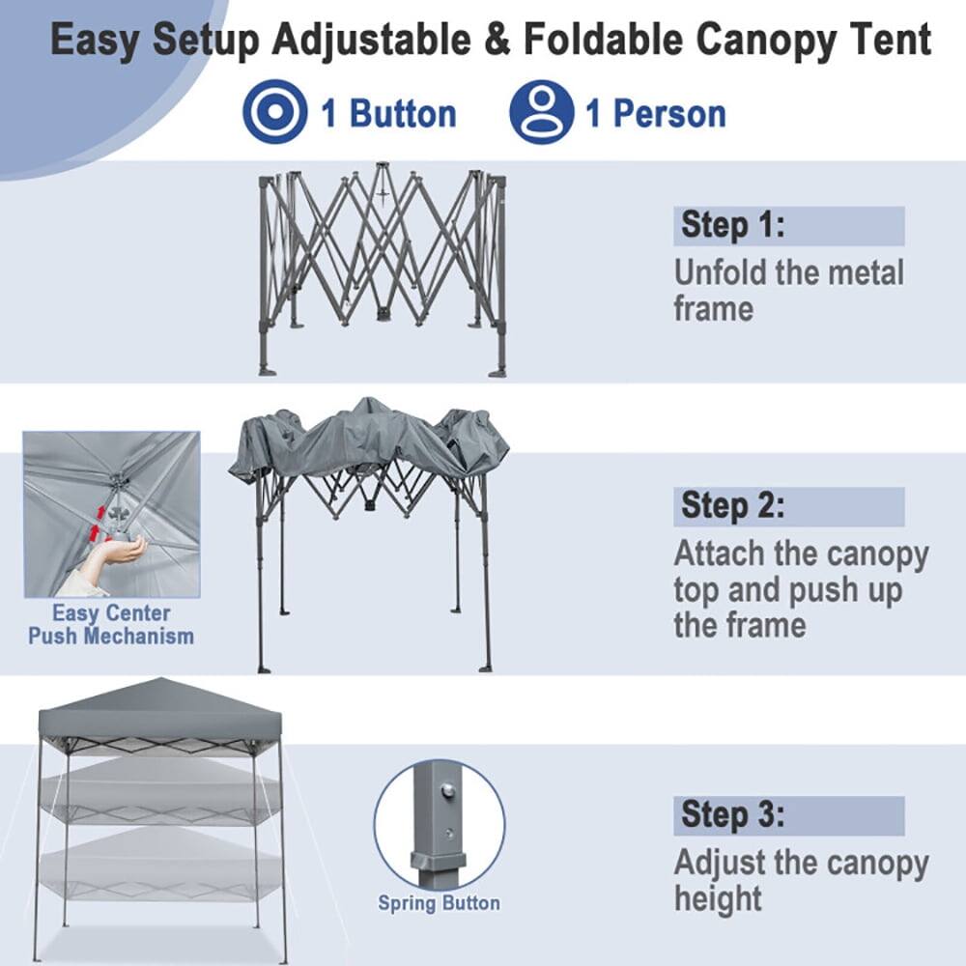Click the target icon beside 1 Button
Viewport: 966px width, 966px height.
point(274,112)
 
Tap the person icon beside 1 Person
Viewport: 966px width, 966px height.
point(541,112)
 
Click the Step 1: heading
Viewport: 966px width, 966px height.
point(733,225)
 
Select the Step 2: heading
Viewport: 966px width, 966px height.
point(733,505)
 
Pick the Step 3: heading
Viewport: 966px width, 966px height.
point(733,814)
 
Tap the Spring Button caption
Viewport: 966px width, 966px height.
point(439,904)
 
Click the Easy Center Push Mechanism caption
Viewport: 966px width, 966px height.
point(111,625)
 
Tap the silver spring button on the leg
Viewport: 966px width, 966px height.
point(447,791)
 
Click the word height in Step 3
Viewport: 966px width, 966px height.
point(718,898)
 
